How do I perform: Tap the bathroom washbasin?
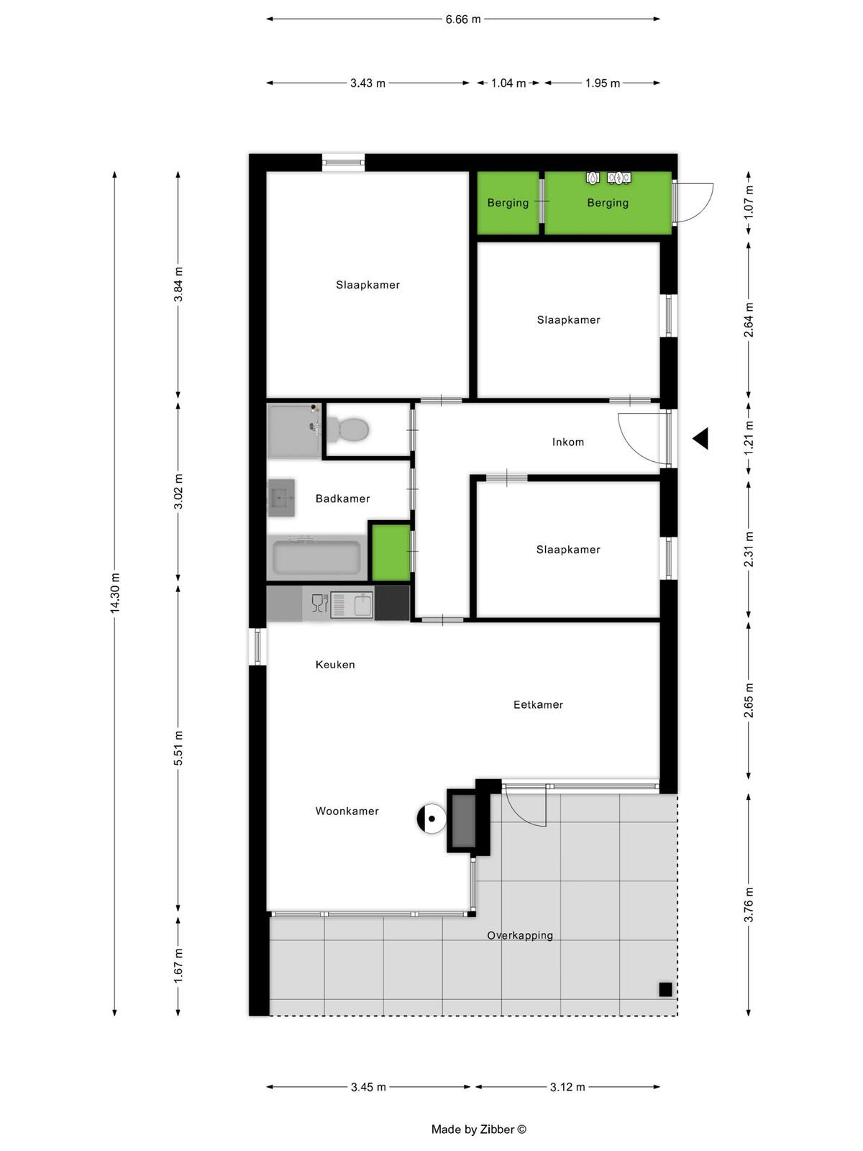pyautogui.click(x=281, y=498)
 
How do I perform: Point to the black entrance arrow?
pyautogui.click(x=700, y=438)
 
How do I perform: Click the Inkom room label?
pyautogui.click(x=568, y=442)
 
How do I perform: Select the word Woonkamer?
pyautogui.click(x=347, y=811)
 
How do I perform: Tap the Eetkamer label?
pyautogui.click(x=538, y=705)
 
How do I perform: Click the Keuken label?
pyautogui.click(x=335, y=665)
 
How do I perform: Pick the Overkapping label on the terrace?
pyautogui.click(x=520, y=935)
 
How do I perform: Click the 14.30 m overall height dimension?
pyautogui.click(x=115, y=593)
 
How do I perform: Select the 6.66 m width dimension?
pyautogui.click(x=463, y=19)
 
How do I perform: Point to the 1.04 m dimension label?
pyautogui.click(x=508, y=83)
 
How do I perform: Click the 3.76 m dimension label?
pyautogui.click(x=749, y=904)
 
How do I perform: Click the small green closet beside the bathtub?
pyautogui.click(x=391, y=552)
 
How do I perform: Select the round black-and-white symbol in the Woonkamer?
pyautogui.click(x=431, y=819)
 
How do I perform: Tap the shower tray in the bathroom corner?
pyautogui.click(x=294, y=430)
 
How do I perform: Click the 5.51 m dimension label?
pyautogui.click(x=178, y=747)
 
